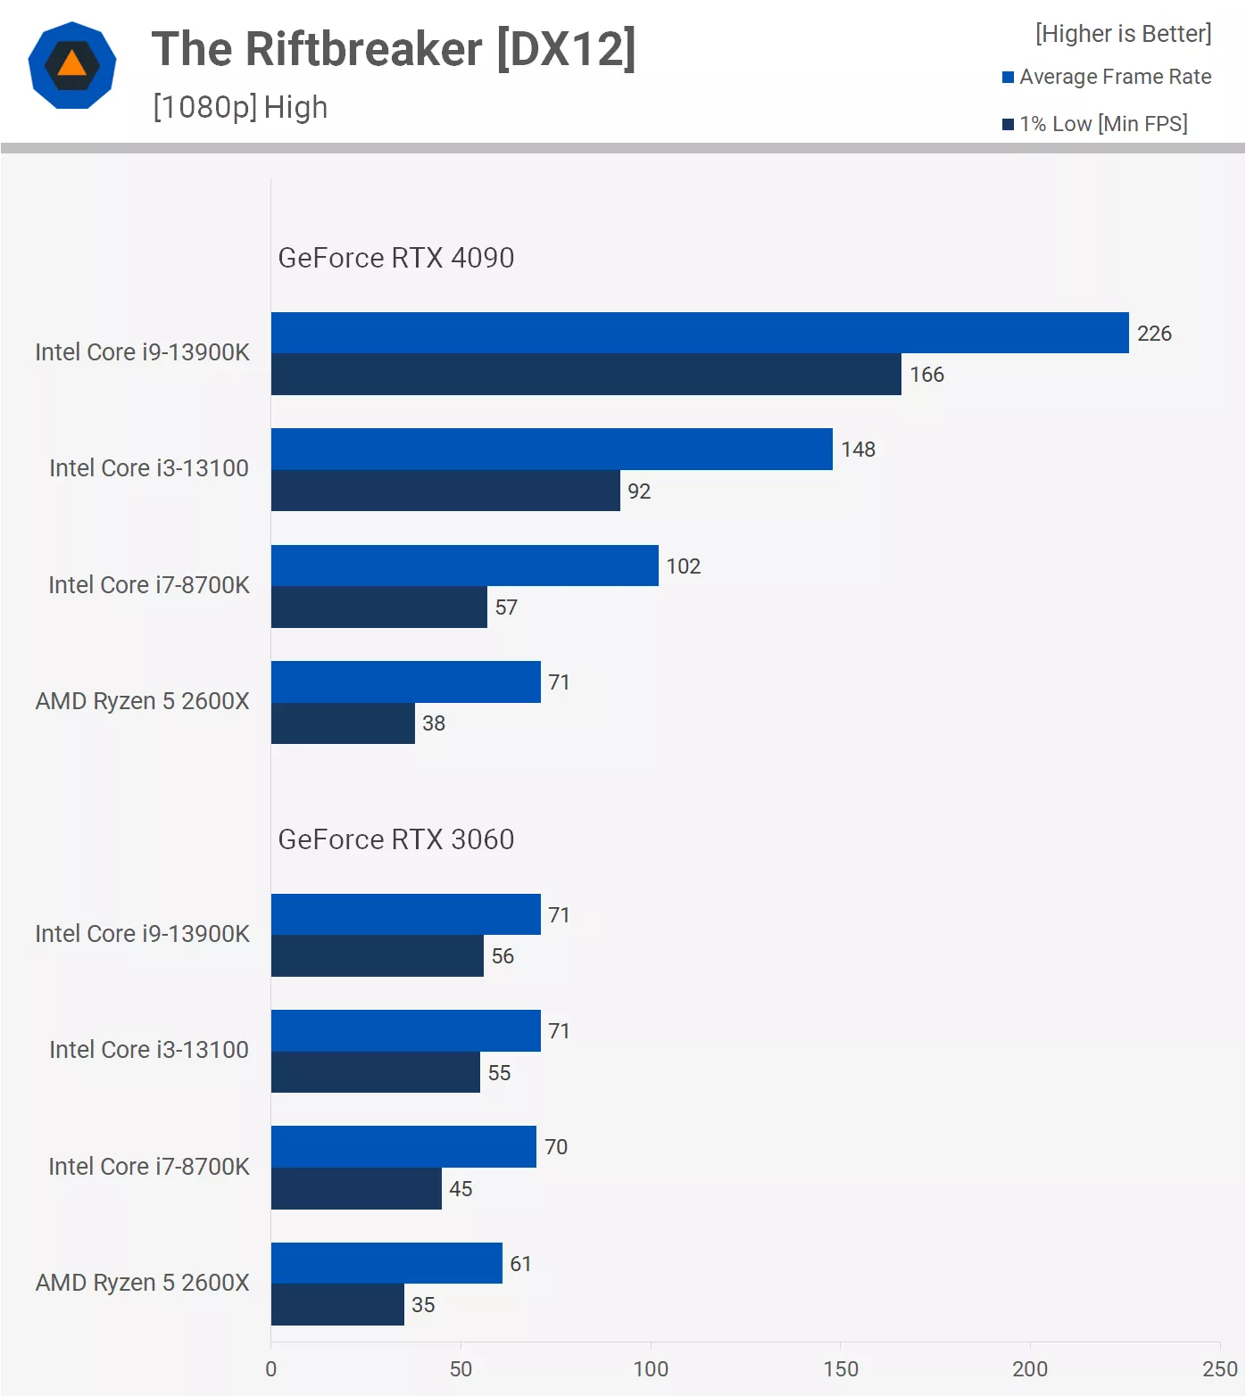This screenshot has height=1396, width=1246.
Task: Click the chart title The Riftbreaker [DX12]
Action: pos(393,49)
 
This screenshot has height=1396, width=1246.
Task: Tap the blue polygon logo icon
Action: pos(72,65)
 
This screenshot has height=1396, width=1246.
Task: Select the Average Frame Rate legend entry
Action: pos(1107,77)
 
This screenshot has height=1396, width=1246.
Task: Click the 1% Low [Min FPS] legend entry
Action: pos(1095,124)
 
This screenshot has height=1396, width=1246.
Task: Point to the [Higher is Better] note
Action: pos(1123,34)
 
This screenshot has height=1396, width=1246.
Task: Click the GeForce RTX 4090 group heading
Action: pos(396,258)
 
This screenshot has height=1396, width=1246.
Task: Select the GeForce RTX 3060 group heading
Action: pos(396,839)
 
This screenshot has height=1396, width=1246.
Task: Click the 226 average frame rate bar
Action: pos(700,333)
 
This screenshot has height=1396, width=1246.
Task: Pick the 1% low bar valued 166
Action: pos(586,375)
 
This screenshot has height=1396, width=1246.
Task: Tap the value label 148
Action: pos(858,450)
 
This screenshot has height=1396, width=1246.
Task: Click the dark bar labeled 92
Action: pos(445,491)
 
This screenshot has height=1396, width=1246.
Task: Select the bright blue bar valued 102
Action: pos(464,566)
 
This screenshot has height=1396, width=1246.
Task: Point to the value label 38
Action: pos(434,723)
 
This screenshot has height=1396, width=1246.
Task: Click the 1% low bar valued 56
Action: pos(377,956)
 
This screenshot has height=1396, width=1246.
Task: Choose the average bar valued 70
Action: pos(403,1147)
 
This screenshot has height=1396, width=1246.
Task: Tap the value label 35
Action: pos(423,1305)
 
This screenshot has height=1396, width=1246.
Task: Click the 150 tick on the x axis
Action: pos(841,1369)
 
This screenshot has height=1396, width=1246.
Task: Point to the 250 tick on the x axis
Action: pos(1219,1369)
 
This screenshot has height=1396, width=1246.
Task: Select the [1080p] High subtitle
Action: pos(240,107)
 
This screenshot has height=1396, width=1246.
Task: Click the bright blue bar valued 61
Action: pos(386,1263)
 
